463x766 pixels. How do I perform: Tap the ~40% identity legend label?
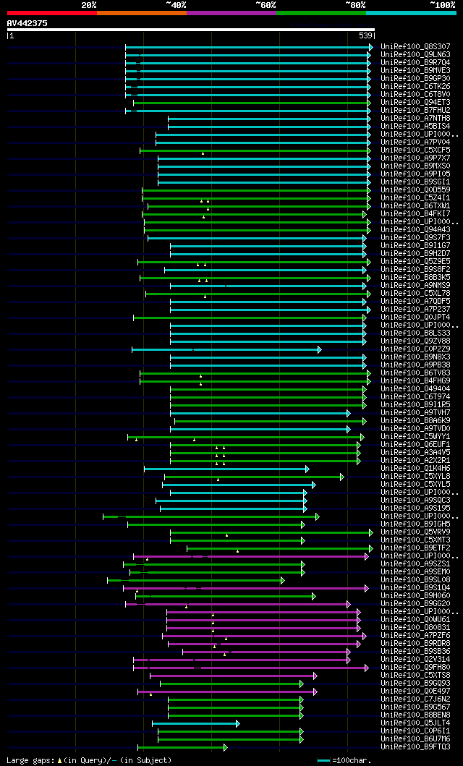(176, 4)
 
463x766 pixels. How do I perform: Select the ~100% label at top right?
(443, 4)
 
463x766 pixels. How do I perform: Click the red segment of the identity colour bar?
(51, 12)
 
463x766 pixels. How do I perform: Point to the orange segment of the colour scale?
(141, 12)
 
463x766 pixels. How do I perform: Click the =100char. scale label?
(350, 760)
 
